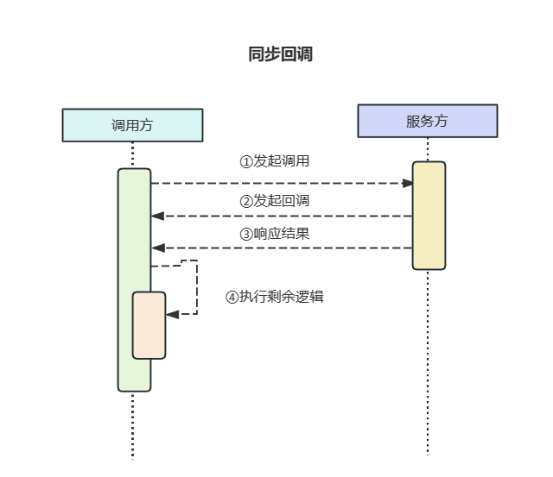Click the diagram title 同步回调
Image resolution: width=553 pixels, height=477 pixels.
coord(280,54)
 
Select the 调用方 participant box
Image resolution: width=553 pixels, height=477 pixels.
coord(132,125)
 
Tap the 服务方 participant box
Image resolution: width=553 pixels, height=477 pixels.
coord(428,121)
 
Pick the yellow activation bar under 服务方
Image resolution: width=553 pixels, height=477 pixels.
coord(429,216)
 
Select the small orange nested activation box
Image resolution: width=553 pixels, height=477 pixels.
coord(149,325)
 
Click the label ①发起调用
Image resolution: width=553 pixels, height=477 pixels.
coord(274,161)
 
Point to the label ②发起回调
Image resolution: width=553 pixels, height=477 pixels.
coord(274,201)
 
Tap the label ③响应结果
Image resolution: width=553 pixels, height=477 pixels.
coord(274,233)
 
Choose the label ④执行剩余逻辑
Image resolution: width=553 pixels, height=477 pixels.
coord(274,297)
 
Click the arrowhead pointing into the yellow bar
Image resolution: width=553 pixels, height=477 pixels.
coord(407,183)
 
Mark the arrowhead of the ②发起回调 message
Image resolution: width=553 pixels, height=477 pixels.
coord(157,216)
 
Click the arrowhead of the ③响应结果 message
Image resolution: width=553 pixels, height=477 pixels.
coord(157,248)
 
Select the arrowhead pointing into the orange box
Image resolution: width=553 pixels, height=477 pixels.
coord(172,314)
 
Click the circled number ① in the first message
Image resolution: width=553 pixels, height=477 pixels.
coord(245,161)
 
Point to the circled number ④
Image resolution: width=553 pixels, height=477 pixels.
coord(232,297)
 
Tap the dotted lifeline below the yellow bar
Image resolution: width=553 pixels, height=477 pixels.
coord(428,362)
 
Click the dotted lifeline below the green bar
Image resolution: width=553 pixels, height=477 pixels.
coord(133,427)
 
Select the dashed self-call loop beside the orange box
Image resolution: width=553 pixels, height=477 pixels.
coord(197,286)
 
